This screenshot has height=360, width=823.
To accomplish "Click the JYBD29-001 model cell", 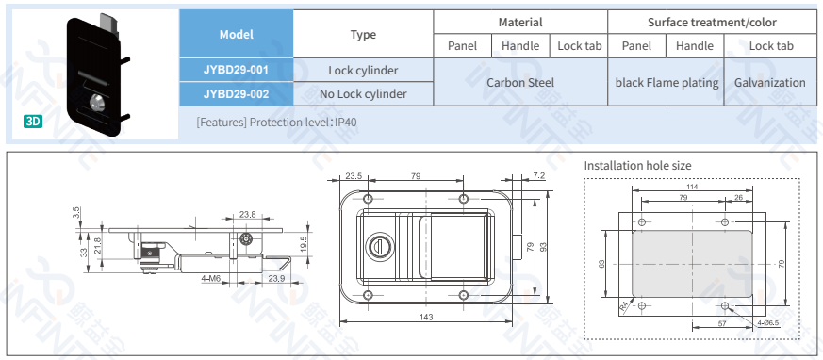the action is tap(237, 70).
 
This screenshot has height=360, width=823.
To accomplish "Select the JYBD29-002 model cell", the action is tap(237, 94).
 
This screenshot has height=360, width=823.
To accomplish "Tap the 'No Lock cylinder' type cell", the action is tap(363, 94).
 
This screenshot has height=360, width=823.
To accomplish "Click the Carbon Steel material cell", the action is tap(520, 82).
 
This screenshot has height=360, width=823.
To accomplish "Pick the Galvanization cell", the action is tap(770, 82).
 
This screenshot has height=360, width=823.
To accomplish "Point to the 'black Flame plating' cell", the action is tap(667, 82).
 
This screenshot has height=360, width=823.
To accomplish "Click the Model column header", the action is tap(237, 34).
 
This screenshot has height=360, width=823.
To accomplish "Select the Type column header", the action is tap(363, 34).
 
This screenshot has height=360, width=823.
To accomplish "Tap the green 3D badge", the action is tap(33, 122).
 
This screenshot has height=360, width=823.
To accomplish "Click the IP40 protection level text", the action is tap(347, 123).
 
